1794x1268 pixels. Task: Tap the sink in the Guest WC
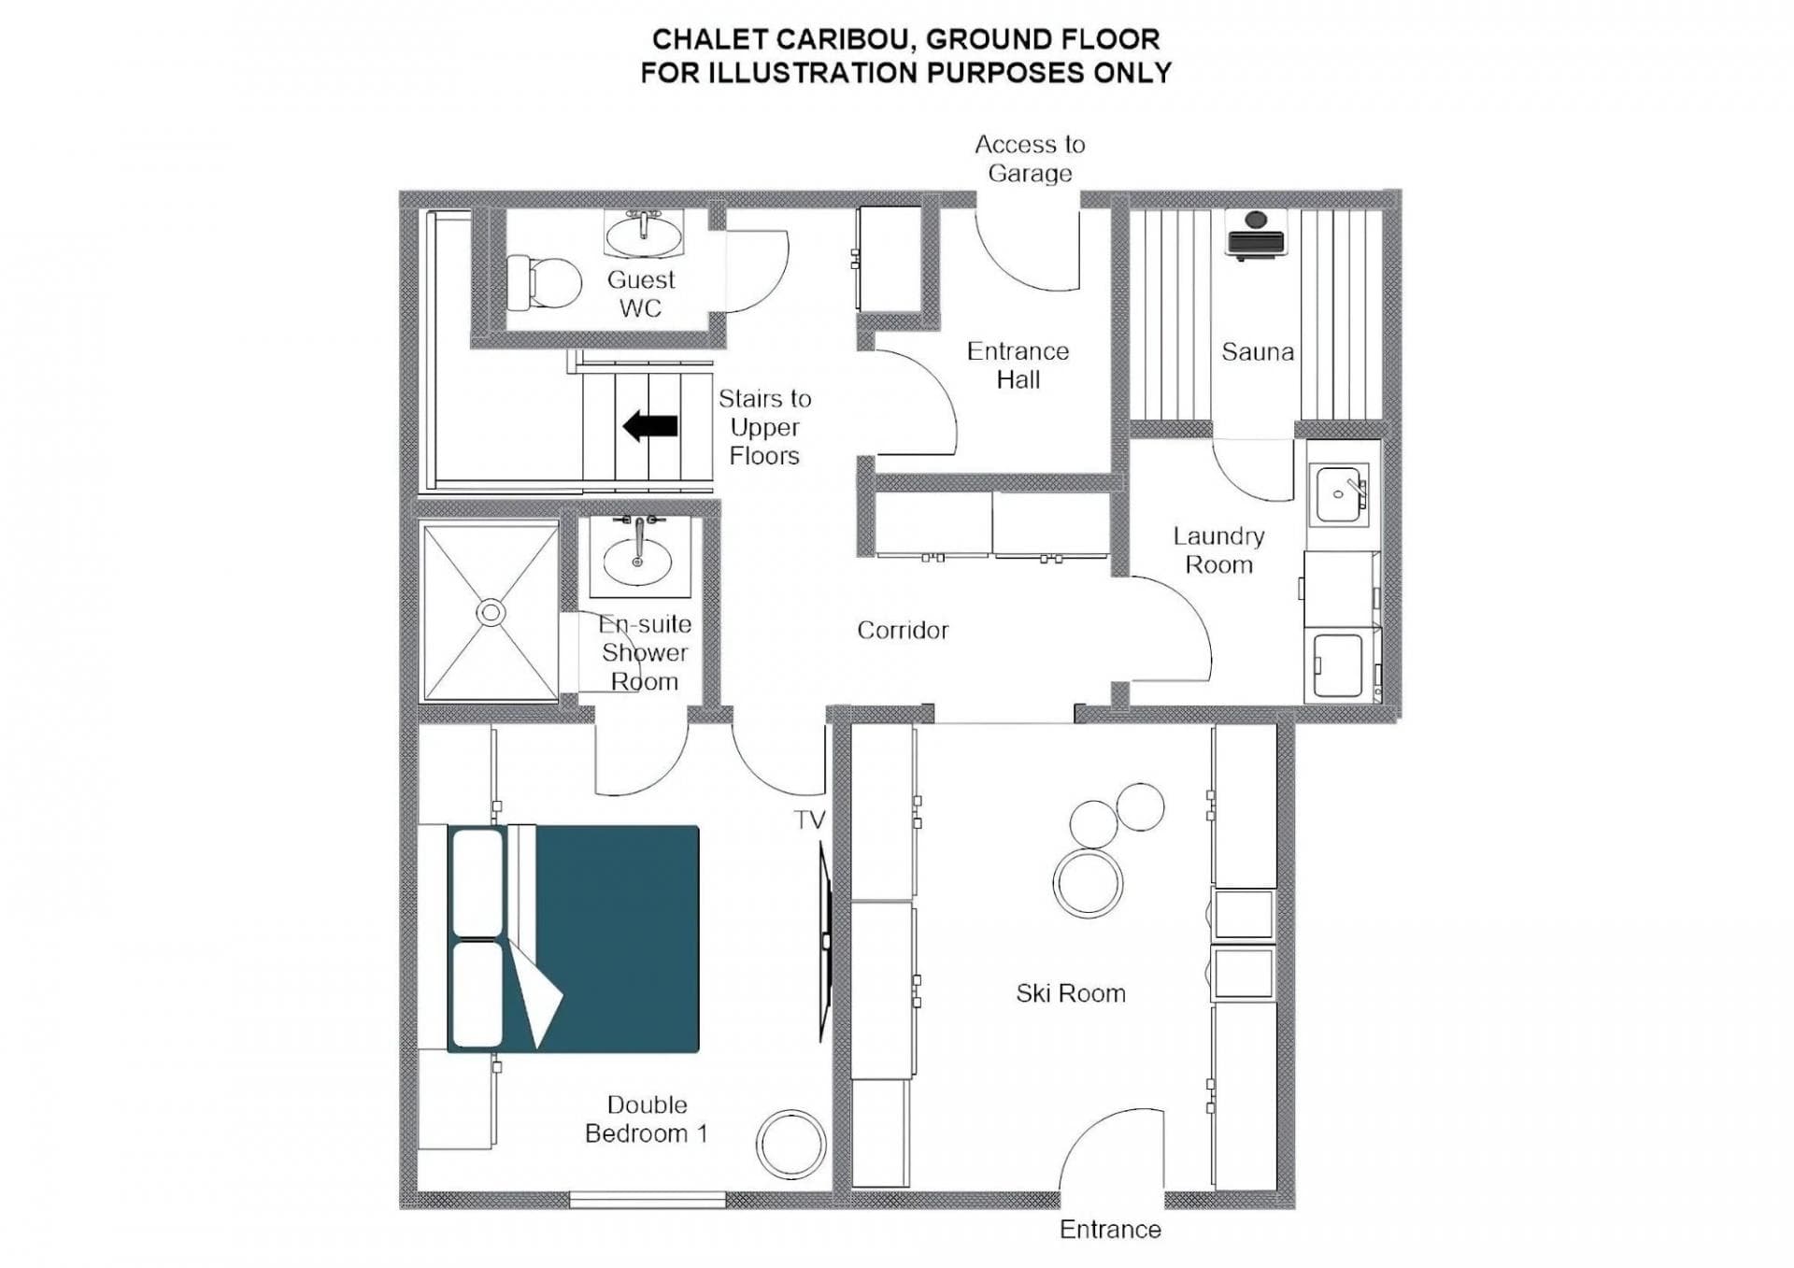point(644,233)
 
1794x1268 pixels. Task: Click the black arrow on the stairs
point(650,426)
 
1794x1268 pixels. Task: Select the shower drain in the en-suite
point(491,613)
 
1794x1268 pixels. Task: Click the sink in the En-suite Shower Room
point(637,560)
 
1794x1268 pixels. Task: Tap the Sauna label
point(1258,352)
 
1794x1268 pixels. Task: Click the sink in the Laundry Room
point(1339,494)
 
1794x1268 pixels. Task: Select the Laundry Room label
point(1218,550)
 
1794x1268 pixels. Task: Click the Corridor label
point(903,631)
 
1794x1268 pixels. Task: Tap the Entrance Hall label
point(1018,365)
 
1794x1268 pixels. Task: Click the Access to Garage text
point(1030,159)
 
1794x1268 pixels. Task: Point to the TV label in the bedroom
point(809,820)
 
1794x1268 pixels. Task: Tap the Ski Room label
point(1071,993)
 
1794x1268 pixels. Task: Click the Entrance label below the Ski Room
point(1110,1230)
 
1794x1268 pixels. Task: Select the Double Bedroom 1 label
point(647,1119)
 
